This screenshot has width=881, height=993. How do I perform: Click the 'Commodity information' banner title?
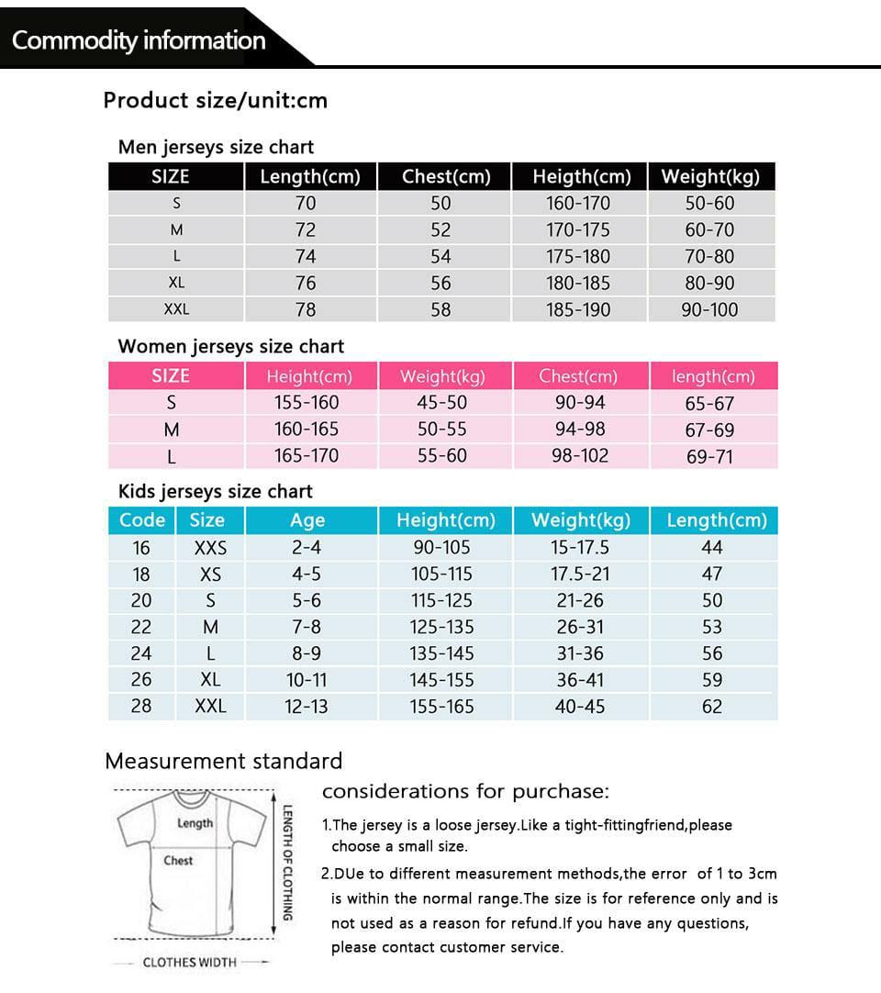pos(139,40)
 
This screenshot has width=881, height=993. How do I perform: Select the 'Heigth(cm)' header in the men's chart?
pos(582,176)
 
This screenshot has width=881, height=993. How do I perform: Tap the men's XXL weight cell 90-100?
pos(709,309)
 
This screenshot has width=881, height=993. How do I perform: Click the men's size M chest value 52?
pos(441,229)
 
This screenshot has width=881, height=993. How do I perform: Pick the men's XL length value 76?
pos(306,283)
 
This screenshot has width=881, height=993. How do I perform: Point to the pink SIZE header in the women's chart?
pos(171,375)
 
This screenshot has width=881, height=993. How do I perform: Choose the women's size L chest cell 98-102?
pos(580,455)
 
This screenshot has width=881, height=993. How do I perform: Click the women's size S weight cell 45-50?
pos(442,402)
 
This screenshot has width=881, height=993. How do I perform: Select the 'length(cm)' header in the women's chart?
pos(713,376)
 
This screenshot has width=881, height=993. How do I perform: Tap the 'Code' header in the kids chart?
pos(142,519)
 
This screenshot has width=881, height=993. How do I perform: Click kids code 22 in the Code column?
pos(141,627)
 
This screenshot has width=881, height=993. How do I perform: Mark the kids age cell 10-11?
pos(307,680)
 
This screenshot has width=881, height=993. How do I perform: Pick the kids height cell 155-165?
pos(442,707)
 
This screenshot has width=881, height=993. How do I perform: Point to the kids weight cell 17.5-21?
pos(580,574)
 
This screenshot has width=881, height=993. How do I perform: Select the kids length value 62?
pos(712,707)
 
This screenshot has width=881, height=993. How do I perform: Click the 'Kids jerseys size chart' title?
pos(216,491)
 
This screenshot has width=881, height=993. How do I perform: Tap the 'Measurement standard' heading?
pos(223,761)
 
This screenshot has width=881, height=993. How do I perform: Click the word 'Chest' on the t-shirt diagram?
pos(178,861)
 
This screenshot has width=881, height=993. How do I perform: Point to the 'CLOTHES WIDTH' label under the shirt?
pos(189,962)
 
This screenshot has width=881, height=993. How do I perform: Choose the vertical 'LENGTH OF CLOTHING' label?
pos(287,863)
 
